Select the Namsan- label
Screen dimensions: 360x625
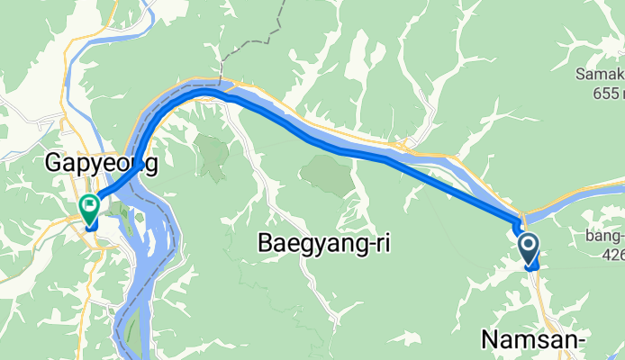(534, 340)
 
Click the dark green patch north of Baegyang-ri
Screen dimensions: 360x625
(324, 175)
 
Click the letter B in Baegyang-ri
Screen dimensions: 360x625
(267, 242)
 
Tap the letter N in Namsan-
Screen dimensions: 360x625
(491, 340)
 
